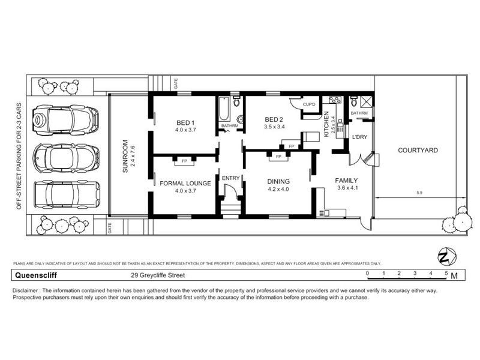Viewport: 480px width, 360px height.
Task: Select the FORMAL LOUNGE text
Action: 185,183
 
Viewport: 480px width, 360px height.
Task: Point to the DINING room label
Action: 278,181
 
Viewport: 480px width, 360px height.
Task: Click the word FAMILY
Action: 346,180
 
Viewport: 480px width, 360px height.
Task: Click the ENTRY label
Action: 230,178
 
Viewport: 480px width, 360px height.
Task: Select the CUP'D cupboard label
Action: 310,104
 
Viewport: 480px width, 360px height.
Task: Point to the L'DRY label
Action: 359,137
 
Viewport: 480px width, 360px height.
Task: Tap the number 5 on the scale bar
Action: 446,274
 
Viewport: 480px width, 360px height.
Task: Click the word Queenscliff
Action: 31,276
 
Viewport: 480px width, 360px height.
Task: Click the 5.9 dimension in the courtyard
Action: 418,193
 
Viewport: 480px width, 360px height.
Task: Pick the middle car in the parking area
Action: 63,157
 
